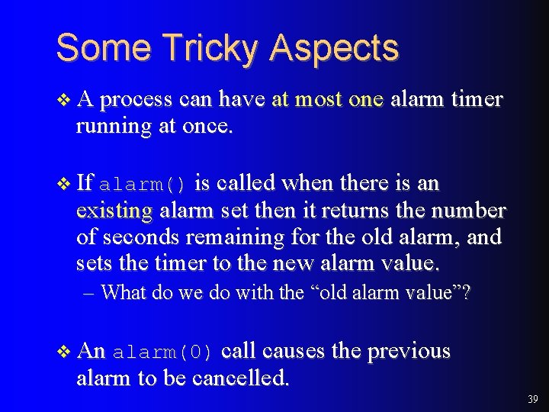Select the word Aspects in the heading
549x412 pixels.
click(x=333, y=47)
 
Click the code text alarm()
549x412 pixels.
click(x=143, y=185)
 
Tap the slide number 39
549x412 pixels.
click(x=532, y=399)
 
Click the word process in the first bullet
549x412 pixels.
click(x=138, y=100)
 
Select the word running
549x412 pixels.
click(x=114, y=126)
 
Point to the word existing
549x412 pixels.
click(x=114, y=211)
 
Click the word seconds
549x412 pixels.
click(x=140, y=237)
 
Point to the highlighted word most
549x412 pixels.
click(x=319, y=99)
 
